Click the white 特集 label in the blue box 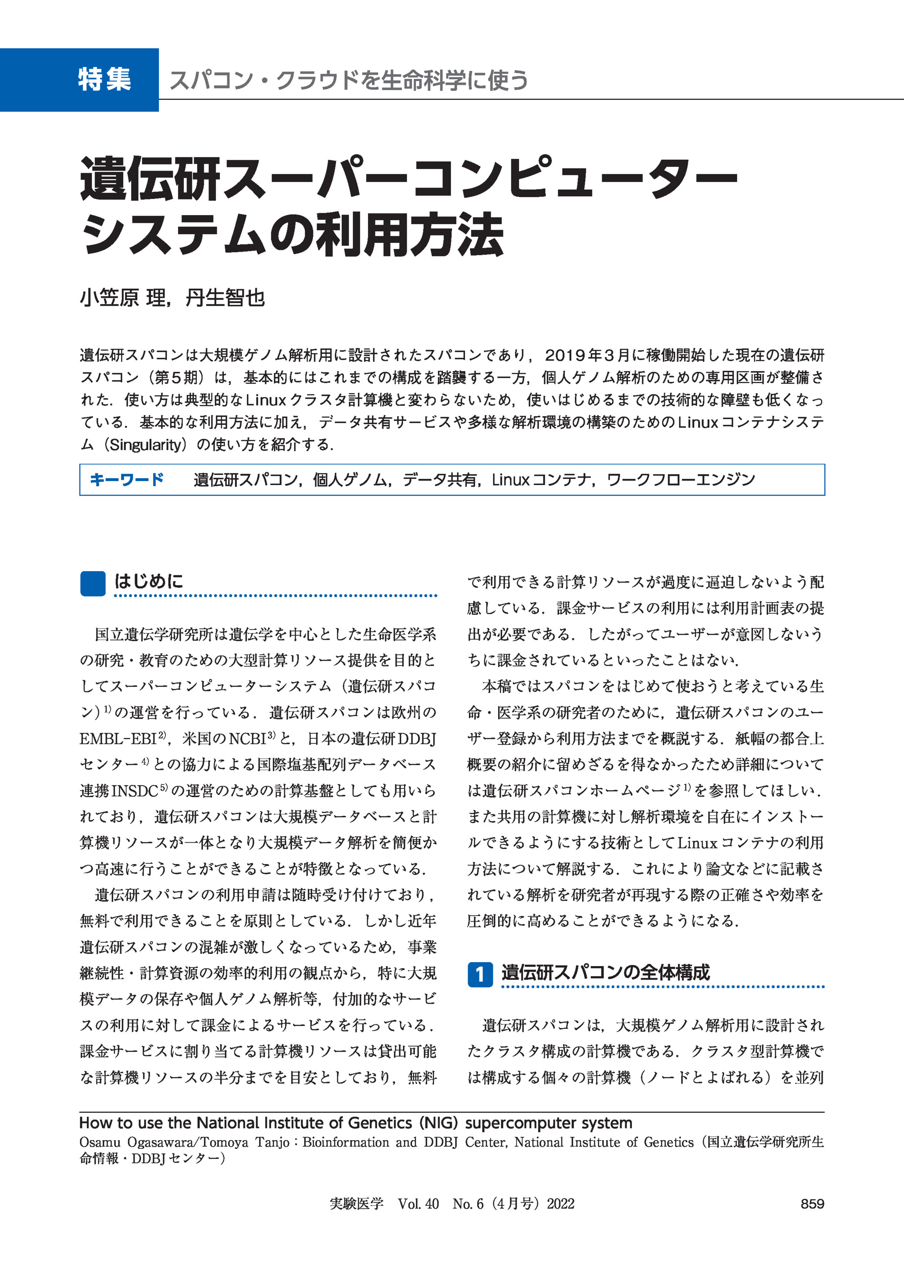coord(104,79)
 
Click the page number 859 coord(812,1204)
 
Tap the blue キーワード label coord(126,479)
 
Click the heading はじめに coord(148,582)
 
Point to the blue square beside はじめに coord(92,583)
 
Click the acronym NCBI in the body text coord(248,739)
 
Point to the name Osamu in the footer coord(100,1142)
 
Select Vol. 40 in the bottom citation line coord(418,1204)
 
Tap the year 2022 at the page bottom coord(560,1204)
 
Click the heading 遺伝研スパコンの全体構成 coord(605,972)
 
